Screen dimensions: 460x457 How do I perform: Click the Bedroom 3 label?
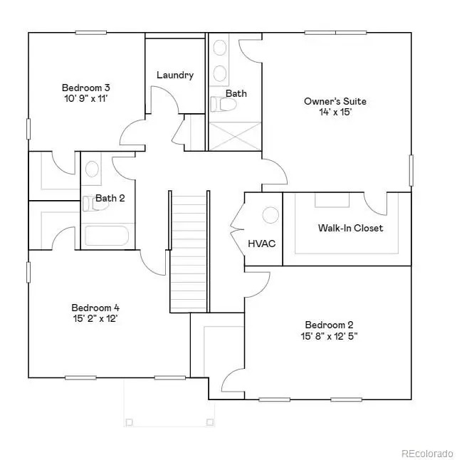(x=85, y=88)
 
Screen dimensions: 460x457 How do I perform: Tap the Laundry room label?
(x=175, y=75)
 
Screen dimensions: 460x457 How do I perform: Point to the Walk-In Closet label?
(x=350, y=228)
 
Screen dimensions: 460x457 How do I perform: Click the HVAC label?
(x=262, y=244)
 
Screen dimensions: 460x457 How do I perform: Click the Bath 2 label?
(x=110, y=199)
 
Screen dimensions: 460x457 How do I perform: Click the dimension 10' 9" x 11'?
(x=85, y=100)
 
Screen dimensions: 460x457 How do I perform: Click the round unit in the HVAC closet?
(x=270, y=214)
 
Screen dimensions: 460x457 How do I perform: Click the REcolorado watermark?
(x=426, y=452)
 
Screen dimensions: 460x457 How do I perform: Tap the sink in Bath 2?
(x=92, y=169)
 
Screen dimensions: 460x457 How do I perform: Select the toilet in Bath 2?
(x=88, y=204)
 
